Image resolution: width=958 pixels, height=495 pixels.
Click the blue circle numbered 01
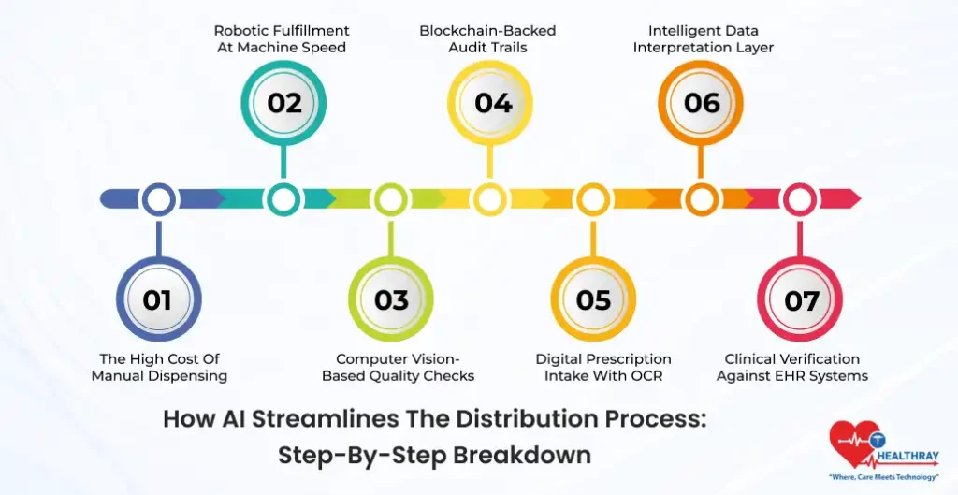pos(157,299)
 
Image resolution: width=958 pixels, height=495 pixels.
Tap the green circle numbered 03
pos(391,299)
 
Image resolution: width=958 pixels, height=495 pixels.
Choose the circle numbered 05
pos(593,299)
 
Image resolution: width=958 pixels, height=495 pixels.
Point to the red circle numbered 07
pos(801,299)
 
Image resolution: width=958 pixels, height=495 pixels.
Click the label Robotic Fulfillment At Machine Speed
pos(281,38)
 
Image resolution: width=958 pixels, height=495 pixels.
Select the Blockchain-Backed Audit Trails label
pos(486,38)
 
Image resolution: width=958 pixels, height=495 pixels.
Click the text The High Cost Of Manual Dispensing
pos(159,367)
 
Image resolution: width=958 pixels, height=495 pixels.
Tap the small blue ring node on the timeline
pos(159,198)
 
